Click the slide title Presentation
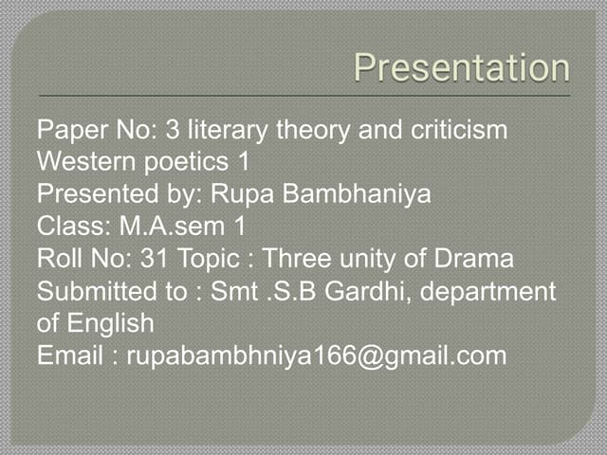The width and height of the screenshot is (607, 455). pyautogui.click(x=462, y=68)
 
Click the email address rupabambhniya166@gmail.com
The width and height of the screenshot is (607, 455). pyautogui.click(x=317, y=355)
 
